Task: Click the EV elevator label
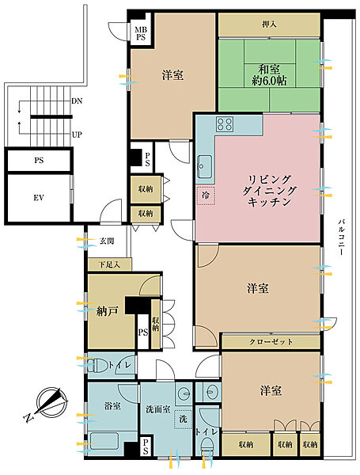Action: [39, 198]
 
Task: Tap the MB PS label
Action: [141, 33]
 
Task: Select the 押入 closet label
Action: [269, 25]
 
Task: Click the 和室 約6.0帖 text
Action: [269, 75]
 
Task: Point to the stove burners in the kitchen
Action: [225, 124]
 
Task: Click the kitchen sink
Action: [205, 166]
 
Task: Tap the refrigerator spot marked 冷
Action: [206, 196]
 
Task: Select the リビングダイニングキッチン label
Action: [269, 191]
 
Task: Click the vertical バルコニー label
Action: [341, 237]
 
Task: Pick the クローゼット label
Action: [271, 342]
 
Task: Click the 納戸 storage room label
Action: [107, 311]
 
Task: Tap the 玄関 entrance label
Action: [107, 241]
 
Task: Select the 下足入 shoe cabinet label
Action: [110, 264]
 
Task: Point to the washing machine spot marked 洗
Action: [183, 420]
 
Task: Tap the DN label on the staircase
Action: [77, 101]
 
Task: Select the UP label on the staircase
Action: [77, 135]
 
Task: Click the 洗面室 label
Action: [158, 409]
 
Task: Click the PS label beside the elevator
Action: [39, 160]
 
